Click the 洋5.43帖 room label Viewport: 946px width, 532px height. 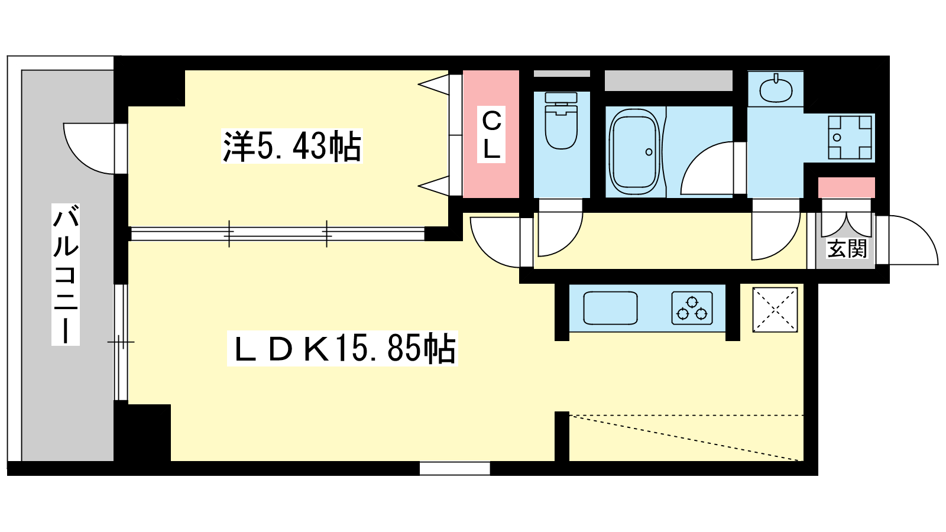point(292,146)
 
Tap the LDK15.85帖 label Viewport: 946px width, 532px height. point(342,349)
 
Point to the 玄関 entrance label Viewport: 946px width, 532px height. point(847,248)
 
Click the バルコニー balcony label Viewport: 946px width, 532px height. point(66,274)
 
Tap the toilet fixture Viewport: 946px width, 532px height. point(561,121)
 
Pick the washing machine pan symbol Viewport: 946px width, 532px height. point(850,138)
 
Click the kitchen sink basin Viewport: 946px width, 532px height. point(610,308)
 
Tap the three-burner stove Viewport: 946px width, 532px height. point(692,308)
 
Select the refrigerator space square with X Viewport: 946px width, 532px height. point(775,310)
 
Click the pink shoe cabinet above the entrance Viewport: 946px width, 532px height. point(846,188)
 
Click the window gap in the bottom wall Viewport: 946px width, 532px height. point(455,468)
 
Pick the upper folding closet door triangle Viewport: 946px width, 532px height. point(434,85)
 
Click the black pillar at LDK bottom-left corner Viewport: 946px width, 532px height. point(142,432)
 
